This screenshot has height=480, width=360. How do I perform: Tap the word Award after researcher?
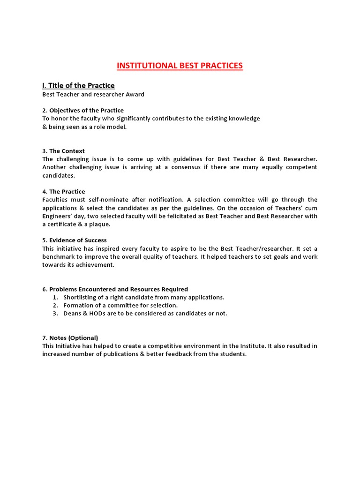[134, 94]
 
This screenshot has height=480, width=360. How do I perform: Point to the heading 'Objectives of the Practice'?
[86, 111]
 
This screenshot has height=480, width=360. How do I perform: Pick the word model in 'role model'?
[117, 127]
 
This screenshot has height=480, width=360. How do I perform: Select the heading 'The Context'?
[67, 151]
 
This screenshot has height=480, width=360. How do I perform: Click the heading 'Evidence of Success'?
[78, 240]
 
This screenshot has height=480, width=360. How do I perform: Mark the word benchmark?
[59, 257]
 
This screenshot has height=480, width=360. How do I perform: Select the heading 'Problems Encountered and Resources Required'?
[119, 289]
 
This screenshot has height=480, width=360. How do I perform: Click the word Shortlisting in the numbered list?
[80, 297]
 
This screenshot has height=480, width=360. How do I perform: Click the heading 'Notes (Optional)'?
[74, 338]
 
